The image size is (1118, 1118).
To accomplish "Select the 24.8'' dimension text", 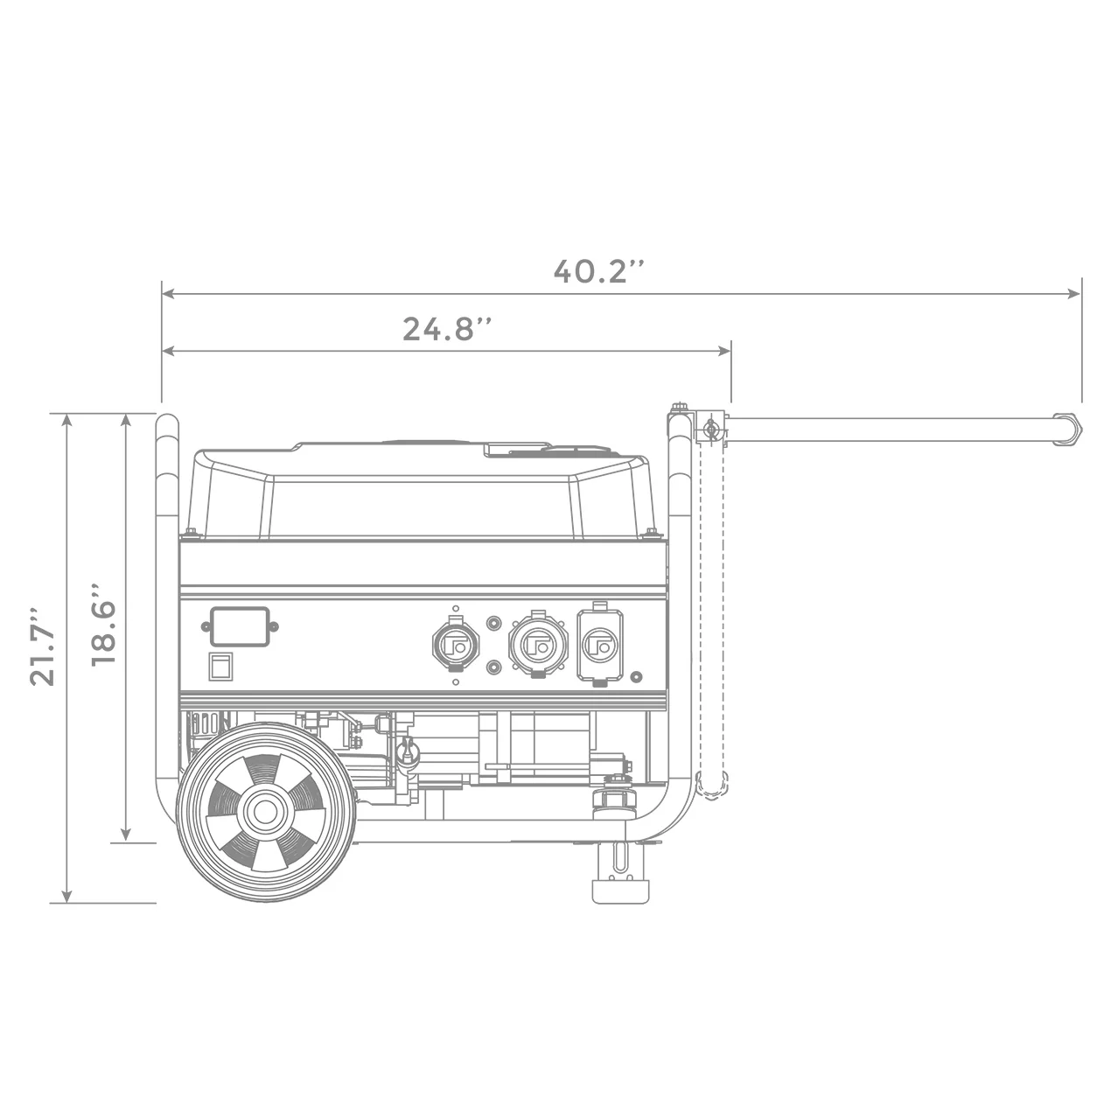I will click(447, 329).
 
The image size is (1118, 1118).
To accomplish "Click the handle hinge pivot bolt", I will click(710, 429).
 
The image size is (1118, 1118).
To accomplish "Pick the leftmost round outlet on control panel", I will click(455, 645).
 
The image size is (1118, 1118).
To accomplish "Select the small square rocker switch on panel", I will click(220, 666).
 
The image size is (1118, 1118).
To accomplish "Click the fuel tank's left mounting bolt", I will click(189, 532).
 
